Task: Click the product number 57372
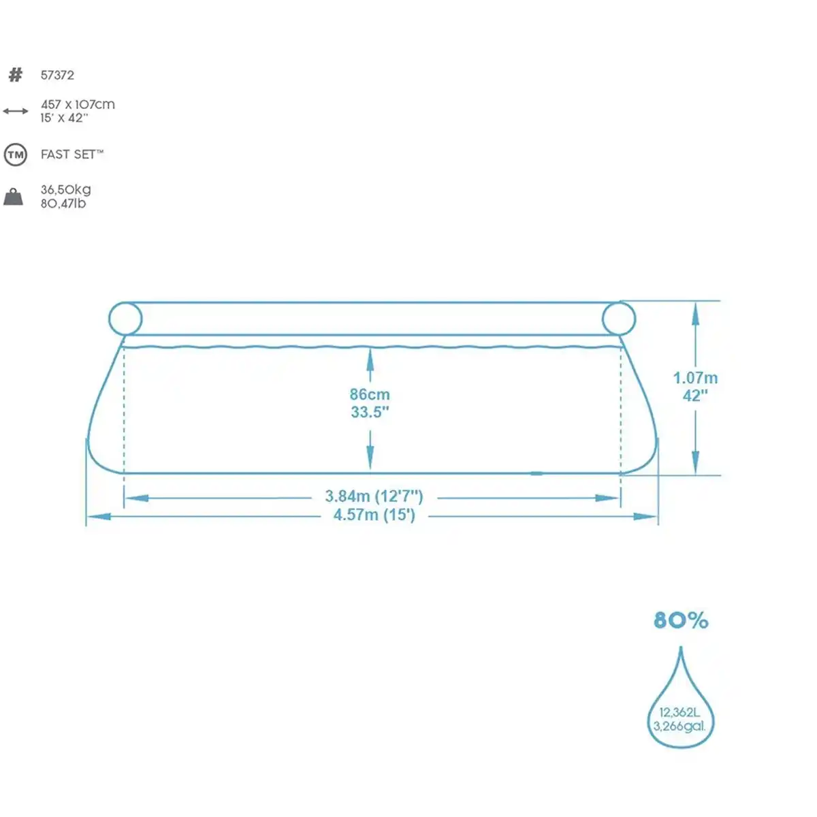(57, 76)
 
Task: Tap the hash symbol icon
(15, 75)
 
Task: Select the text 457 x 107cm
(78, 104)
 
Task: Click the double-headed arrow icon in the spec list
(15, 111)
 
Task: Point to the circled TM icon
(15, 155)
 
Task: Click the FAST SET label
(71, 155)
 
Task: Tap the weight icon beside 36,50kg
(14, 197)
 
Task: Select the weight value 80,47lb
(63, 204)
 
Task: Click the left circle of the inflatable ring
(125, 318)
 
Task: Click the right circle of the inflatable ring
(618, 318)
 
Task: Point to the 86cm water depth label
(370, 394)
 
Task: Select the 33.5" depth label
(370, 412)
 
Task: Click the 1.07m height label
(695, 378)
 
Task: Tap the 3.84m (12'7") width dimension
(374, 497)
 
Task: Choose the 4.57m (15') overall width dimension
(374, 515)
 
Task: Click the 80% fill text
(681, 620)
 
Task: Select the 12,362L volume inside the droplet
(679, 712)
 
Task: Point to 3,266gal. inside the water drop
(679, 726)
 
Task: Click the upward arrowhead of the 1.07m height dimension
(695, 313)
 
